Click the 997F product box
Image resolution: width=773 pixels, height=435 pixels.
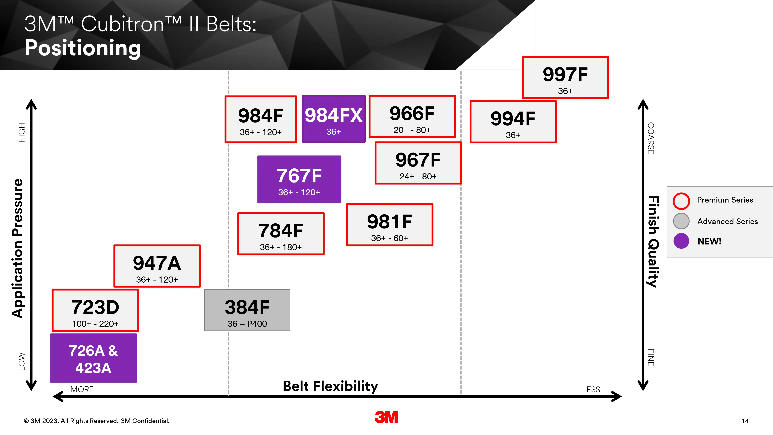point(565,77)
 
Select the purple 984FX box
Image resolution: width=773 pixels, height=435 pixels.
point(334,119)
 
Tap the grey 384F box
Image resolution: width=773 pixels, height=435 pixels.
point(247,310)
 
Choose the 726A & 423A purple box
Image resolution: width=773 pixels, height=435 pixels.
point(94,358)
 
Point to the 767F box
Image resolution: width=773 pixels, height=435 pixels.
point(299,179)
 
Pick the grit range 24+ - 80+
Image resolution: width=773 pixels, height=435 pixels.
point(418,176)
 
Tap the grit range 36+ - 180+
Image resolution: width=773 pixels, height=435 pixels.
point(281,247)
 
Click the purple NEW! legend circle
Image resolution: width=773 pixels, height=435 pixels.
point(681,241)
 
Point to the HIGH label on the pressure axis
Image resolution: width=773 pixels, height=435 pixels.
point(22,133)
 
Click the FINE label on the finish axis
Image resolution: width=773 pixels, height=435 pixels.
point(651,358)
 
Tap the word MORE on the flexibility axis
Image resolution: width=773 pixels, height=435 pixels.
point(82,389)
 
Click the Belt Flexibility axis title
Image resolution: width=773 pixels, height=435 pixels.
point(330,386)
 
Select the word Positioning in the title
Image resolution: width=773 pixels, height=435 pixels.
point(83,48)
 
